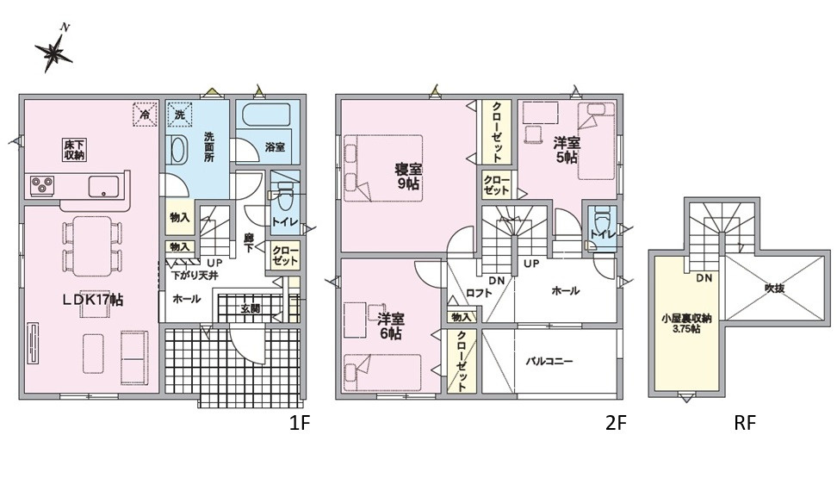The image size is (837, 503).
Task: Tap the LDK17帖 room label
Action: coord(91,300)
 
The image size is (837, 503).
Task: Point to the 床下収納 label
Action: coord(73,149)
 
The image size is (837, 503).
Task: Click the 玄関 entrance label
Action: coord(251,307)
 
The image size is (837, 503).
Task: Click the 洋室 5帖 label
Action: coord(566,150)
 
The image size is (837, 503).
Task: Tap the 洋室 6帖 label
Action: coord(389,325)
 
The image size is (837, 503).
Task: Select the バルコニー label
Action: coord(549,361)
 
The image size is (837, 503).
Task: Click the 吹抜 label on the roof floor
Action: coord(774,289)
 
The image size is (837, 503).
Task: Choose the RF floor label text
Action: coord(744,423)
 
